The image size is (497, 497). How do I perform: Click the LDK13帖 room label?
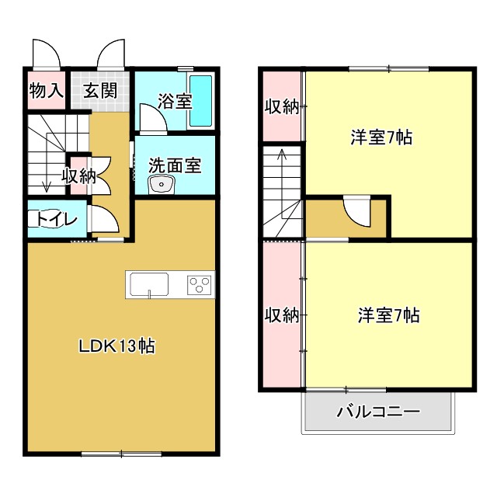[x=116, y=346]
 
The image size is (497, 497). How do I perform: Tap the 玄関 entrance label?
[x=101, y=91]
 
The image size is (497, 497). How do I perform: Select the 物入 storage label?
[x=46, y=91]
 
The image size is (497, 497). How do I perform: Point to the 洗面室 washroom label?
[x=175, y=165]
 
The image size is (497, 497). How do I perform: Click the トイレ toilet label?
[x=54, y=220]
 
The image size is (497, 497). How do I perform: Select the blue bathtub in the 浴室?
[x=201, y=102]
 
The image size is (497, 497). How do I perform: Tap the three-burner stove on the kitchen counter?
[x=200, y=285]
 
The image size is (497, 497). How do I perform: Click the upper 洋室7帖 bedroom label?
[x=381, y=138]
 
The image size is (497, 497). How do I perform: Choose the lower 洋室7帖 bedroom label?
[x=388, y=315]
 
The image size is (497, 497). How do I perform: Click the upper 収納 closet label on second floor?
[x=280, y=107]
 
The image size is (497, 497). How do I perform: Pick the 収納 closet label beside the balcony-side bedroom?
[x=280, y=315]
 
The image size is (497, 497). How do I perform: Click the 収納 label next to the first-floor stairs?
[x=78, y=176]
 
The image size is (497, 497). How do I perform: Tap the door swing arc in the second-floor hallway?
[x=359, y=211]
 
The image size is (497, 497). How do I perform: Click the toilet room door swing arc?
[x=105, y=220]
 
